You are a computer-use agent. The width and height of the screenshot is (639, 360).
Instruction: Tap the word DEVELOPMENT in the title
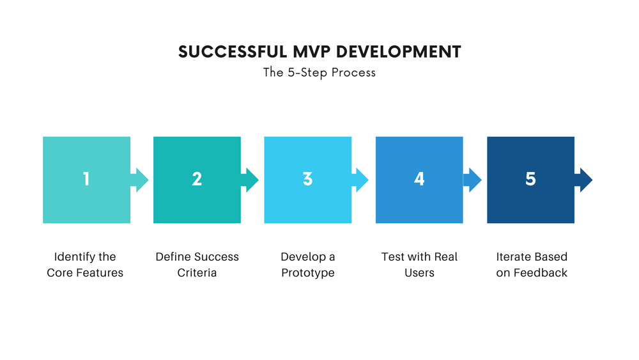[x=399, y=52]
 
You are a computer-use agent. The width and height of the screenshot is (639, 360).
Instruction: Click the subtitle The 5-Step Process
[x=319, y=72]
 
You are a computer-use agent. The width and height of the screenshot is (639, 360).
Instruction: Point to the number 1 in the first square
[x=86, y=180]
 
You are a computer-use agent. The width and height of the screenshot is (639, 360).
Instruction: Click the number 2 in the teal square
[x=197, y=180]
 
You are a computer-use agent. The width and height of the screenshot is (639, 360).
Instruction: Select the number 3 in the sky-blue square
[x=307, y=180]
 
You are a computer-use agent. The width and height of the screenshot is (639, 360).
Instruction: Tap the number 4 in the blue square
[x=419, y=180]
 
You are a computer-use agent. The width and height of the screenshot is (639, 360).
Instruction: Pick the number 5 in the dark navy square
[x=530, y=180]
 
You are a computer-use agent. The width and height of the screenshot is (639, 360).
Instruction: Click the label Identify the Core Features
[x=85, y=265]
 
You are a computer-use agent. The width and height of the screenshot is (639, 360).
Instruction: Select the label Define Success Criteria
[x=197, y=265]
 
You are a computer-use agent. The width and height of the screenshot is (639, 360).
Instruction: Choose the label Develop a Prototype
[x=308, y=265]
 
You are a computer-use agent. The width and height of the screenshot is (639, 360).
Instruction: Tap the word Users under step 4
[x=419, y=273]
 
